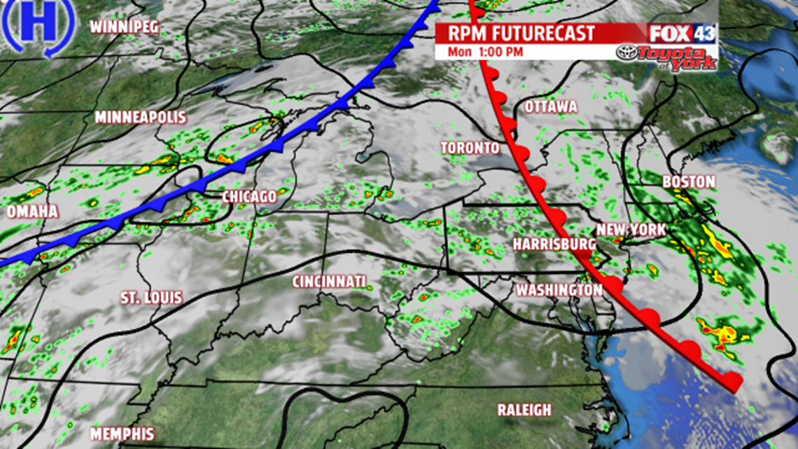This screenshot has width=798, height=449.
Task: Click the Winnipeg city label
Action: click(125, 27)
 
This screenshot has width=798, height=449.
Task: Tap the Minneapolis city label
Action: click(141, 117)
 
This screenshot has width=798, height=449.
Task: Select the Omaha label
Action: click(33, 212)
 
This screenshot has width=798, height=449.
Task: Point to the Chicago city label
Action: click(249, 198)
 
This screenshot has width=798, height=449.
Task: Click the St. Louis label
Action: click(152, 298)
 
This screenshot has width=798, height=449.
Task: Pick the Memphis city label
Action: click(122, 434)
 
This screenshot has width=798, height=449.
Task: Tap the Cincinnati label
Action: click(329, 282)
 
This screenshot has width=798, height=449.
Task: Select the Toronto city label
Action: click(470, 148)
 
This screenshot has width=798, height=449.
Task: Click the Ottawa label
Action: click(551, 107)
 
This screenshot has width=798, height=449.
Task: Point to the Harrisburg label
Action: click(554, 244)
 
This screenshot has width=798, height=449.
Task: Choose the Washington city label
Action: click(559, 290)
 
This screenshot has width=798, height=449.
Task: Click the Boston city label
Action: click(689, 182)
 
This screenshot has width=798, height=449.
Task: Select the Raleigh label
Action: click(524, 410)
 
